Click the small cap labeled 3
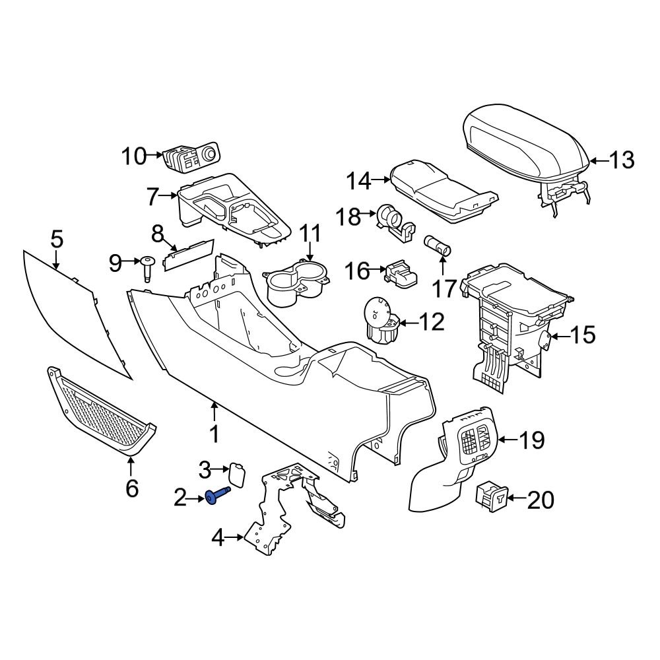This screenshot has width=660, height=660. point(236,474)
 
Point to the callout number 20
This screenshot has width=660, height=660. point(541,501)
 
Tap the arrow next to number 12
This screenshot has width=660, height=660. point(410,323)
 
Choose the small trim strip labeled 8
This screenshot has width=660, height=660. point(189,254)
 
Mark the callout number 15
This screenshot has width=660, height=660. point(582,336)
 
